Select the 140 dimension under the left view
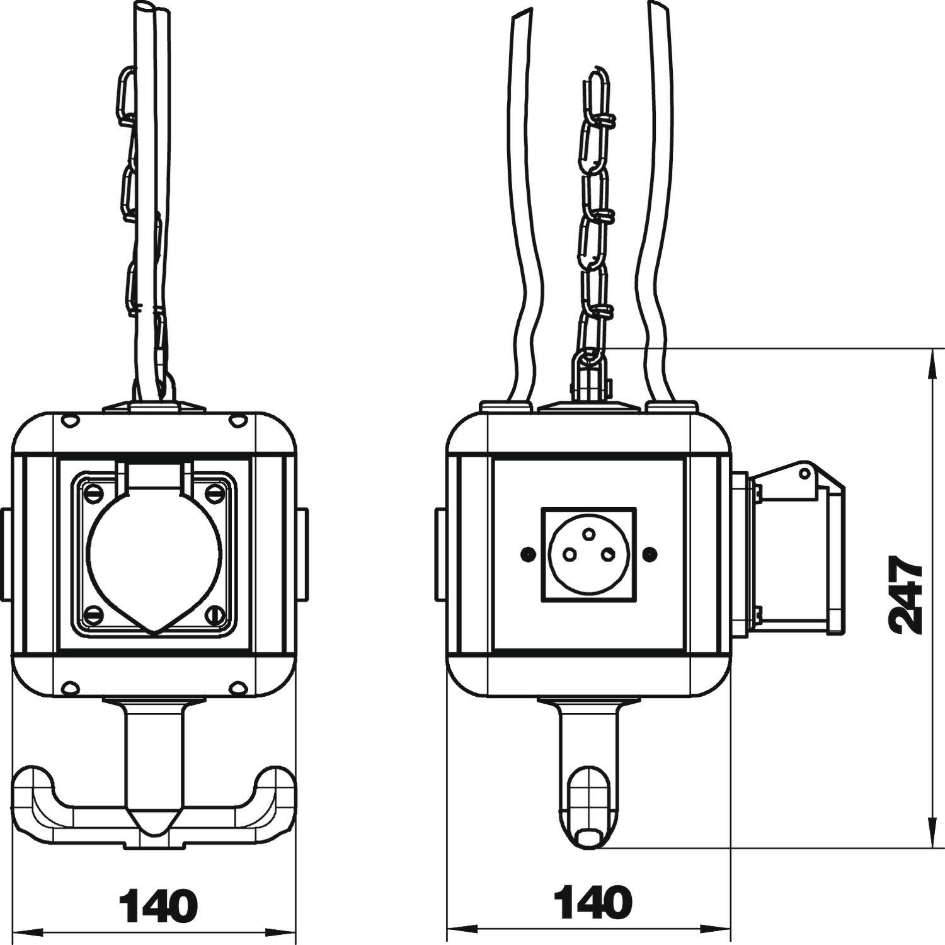[x=158, y=907]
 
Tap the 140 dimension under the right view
[x=592, y=902]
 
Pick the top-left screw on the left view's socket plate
[x=94, y=492]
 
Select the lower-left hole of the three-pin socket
[x=568, y=554]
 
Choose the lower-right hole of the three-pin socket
[x=608, y=554]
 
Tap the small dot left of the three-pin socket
[x=525, y=554]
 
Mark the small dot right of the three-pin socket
[x=651, y=554]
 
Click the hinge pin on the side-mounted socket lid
[x=804, y=472]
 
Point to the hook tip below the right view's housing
[x=589, y=837]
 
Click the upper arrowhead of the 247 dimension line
[x=931, y=359]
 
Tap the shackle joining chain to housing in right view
[x=590, y=377]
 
